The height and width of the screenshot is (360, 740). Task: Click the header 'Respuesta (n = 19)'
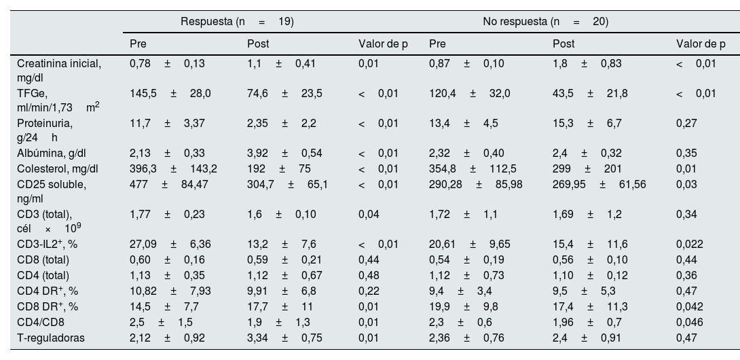237,21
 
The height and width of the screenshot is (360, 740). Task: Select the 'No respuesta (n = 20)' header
545,21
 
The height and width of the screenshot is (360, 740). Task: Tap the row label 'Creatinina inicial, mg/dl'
59,70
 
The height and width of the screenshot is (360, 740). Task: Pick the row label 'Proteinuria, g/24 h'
45,130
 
